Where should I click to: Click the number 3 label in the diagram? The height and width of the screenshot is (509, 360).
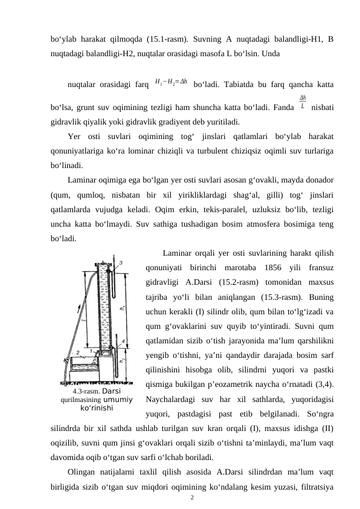coord(121,262)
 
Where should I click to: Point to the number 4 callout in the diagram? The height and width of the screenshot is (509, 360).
coord(124,341)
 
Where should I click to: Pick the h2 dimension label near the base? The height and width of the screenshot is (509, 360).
coord(122,361)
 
